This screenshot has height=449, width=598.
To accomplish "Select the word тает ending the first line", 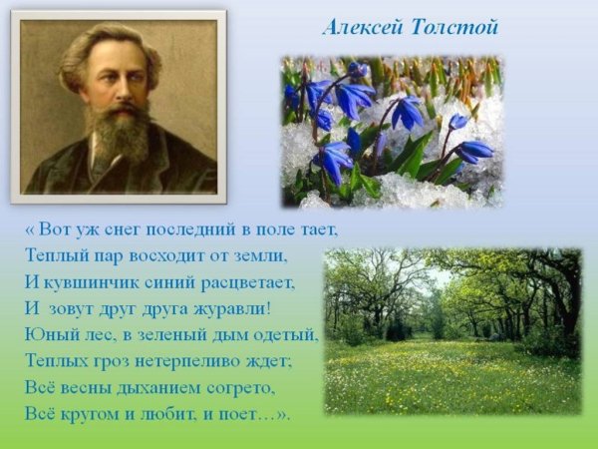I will click(318, 229).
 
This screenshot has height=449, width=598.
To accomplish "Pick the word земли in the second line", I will click(260, 255).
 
